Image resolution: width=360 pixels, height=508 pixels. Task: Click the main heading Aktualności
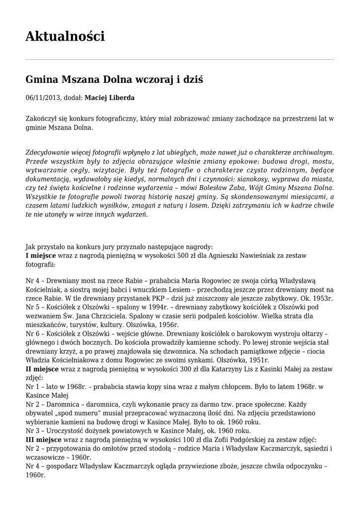[65, 36]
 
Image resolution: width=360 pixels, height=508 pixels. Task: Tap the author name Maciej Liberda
[109, 98]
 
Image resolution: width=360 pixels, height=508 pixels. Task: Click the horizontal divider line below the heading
[180, 60]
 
